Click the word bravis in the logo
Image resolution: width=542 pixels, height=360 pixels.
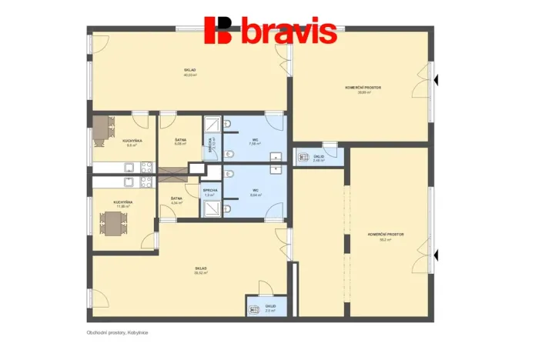(x=289, y=33)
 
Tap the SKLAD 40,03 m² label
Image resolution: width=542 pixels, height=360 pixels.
(x=190, y=72)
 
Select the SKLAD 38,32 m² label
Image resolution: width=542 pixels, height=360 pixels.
(x=201, y=270)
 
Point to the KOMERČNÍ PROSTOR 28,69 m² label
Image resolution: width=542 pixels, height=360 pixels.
(x=363, y=90)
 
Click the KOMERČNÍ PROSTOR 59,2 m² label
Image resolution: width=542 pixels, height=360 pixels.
(x=386, y=236)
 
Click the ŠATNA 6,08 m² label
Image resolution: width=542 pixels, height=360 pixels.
(x=180, y=142)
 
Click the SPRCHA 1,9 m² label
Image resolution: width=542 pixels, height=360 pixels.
(x=209, y=192)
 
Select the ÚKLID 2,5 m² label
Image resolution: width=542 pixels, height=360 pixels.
(x=269, y=308)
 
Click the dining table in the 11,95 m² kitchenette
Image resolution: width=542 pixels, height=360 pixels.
(x=112, y=224)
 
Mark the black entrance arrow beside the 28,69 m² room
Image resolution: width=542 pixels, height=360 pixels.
(x=436, y=79)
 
